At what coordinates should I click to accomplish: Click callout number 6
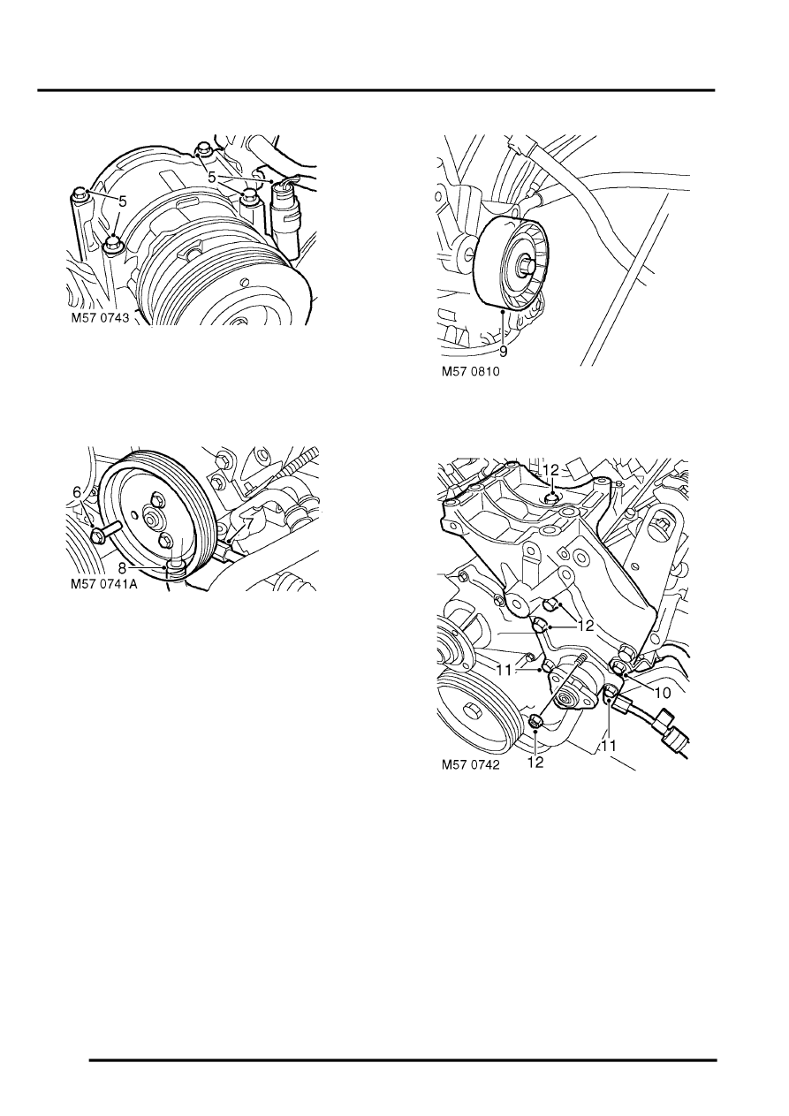coord(77,492)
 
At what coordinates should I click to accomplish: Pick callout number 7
coord(250,525)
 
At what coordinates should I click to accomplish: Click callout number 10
coord(662,694)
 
